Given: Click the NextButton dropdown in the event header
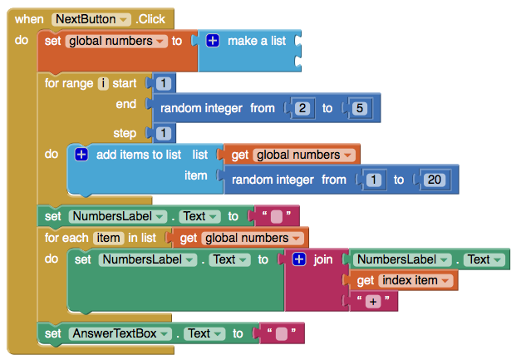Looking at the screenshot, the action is (91, 19).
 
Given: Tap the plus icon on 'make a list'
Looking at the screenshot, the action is (213, 41).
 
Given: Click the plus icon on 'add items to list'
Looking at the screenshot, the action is (81, 154).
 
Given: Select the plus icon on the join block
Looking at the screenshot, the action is (299, 259).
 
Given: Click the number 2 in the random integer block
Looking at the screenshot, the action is (302, 108).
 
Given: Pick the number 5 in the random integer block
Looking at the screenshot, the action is (359, 108).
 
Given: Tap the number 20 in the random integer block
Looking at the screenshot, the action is (434, 180).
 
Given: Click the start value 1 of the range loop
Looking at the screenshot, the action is (163, 83).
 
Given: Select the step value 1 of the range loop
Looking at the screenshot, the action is (163, 133).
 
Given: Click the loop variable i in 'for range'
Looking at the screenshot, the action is (103, 83).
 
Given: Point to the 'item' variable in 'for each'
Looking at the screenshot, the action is (108, 238).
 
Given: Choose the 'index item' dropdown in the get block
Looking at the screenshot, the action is (415, 280).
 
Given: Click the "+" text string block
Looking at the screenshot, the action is (373, 301).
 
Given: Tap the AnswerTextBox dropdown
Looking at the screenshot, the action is (120, 333).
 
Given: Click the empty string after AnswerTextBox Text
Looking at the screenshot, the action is (282, 333).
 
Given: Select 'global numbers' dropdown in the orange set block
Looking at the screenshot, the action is (116, 42).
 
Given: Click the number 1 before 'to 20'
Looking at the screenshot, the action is (374, 180).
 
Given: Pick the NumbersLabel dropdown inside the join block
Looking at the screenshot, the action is (402, 259).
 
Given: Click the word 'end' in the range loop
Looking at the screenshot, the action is (126, 104).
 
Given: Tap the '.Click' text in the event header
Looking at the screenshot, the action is (150, 19).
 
